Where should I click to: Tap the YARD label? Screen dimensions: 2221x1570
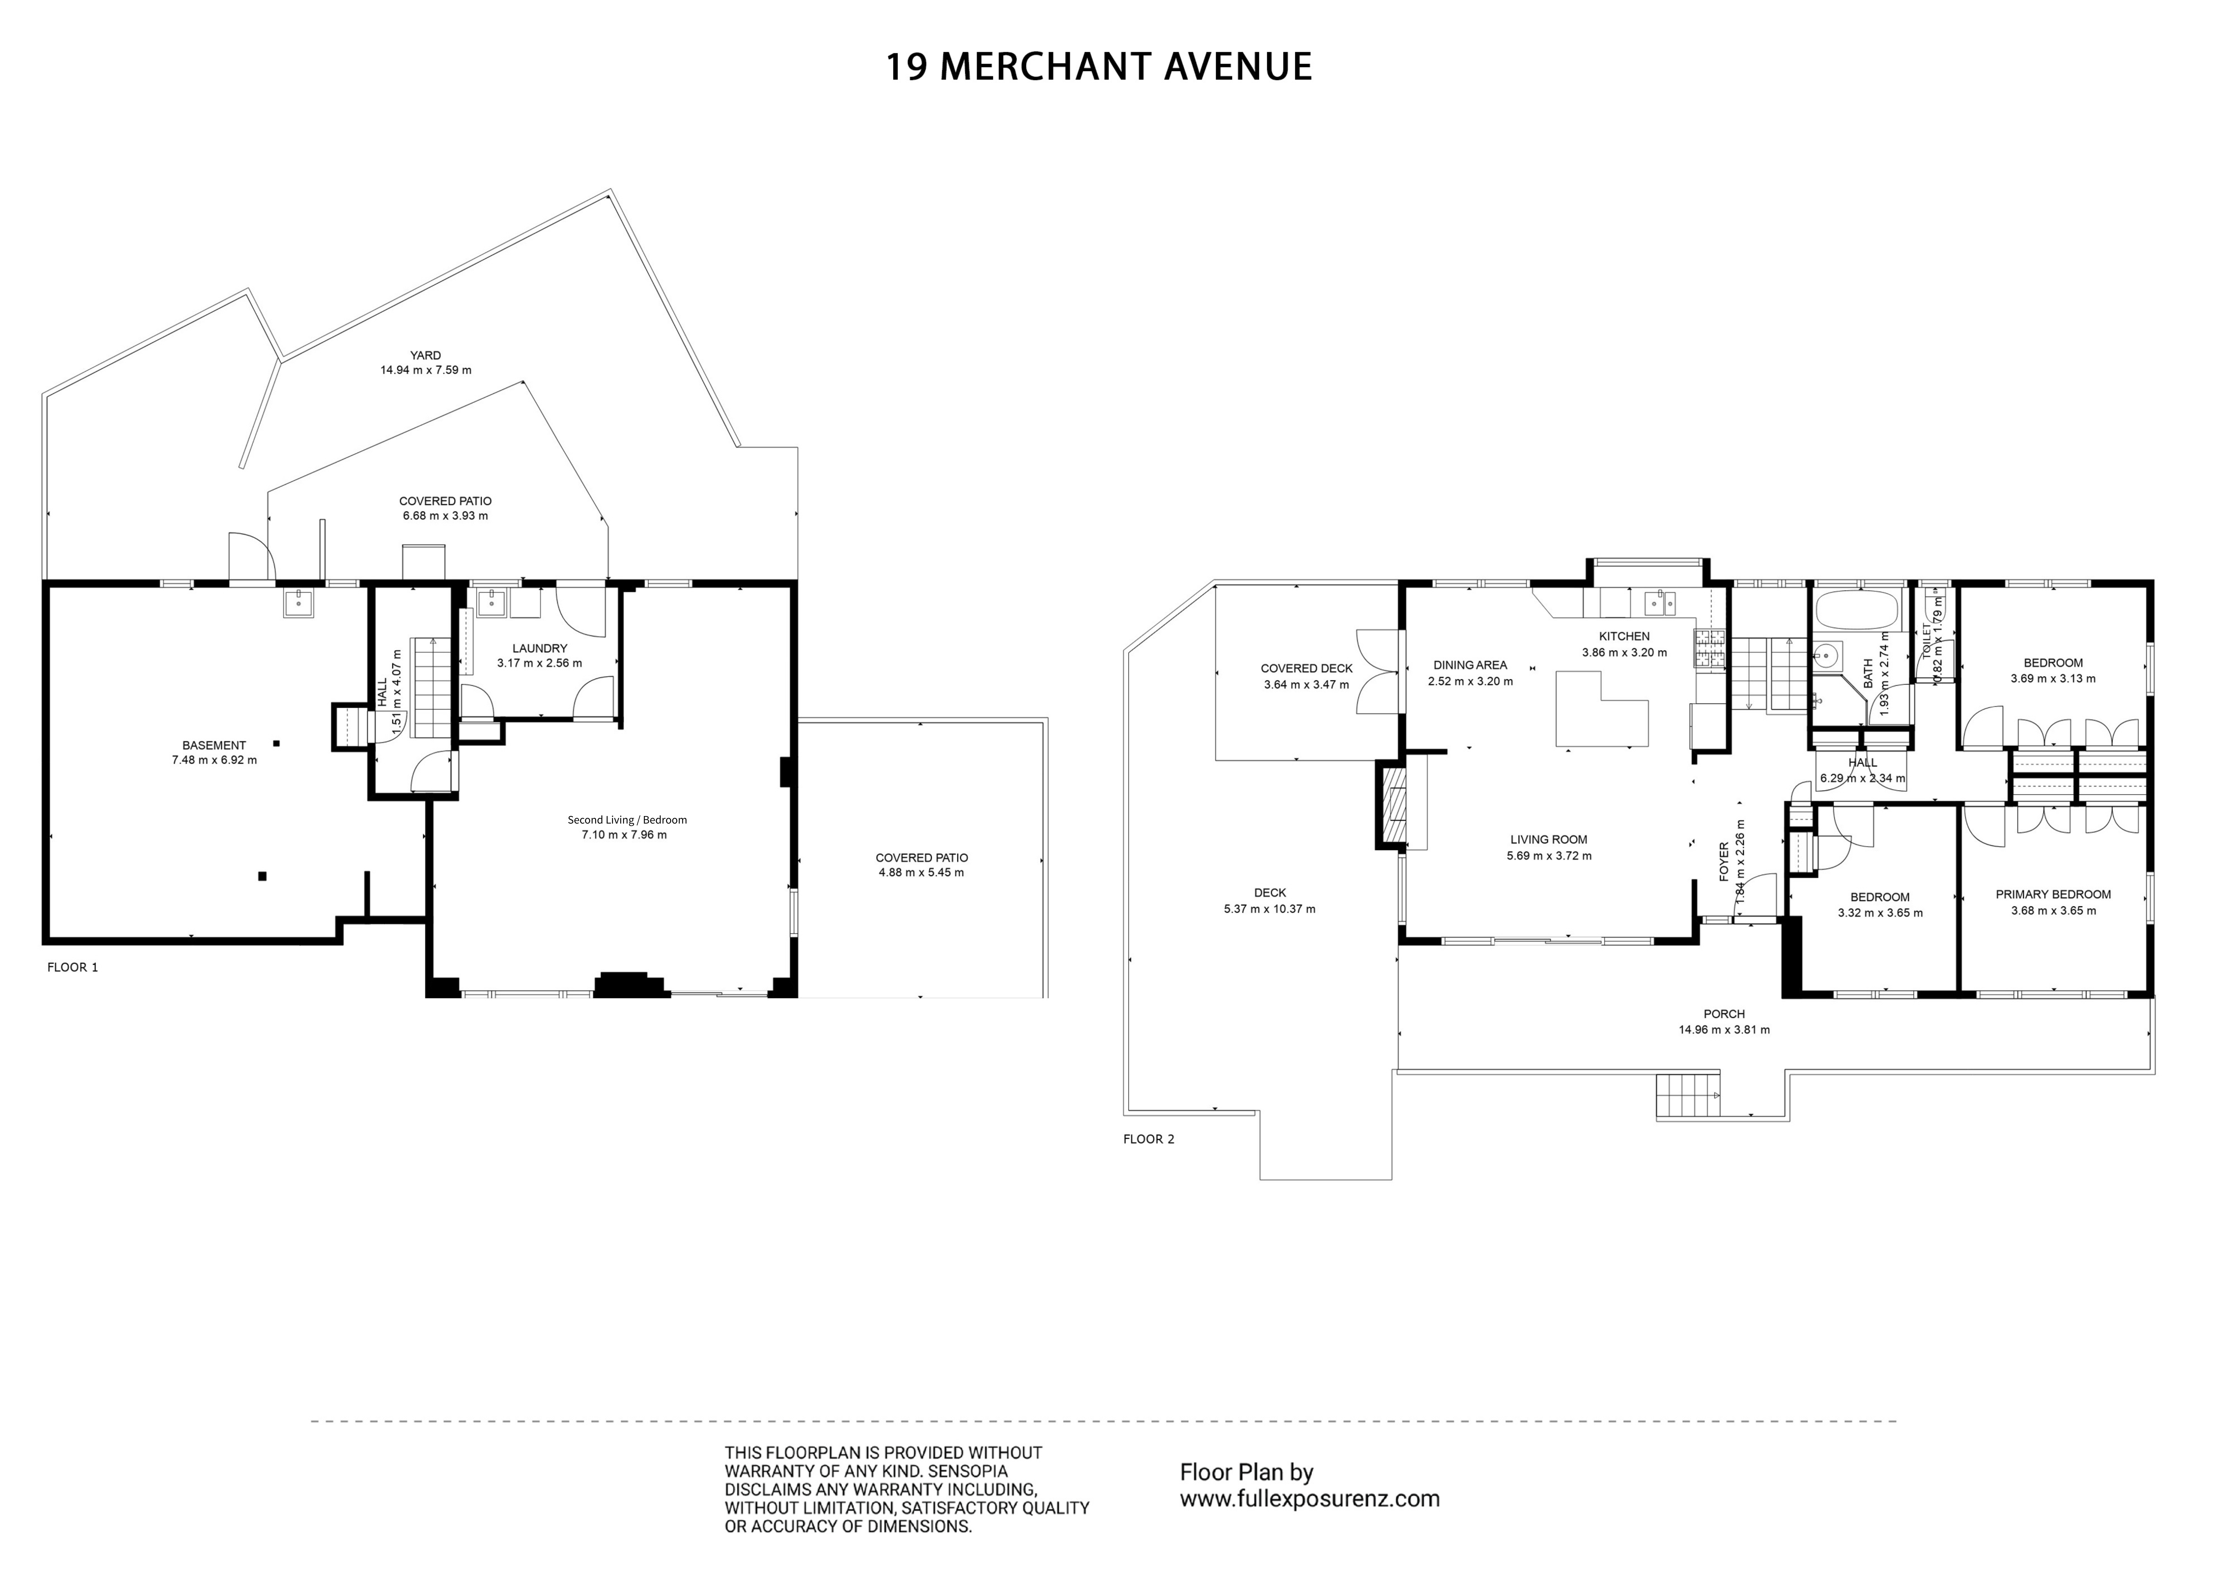pos(426,355)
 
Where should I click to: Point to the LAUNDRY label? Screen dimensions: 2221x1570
pos(540,648)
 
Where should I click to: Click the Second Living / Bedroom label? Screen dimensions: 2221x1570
pos(627,820)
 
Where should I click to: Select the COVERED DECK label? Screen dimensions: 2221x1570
pos(1307,668)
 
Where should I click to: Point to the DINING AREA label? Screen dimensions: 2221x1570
pos(1470,665)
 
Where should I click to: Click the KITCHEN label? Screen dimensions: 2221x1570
pos(1624,637)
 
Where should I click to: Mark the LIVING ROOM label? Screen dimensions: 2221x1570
pos(1549,840)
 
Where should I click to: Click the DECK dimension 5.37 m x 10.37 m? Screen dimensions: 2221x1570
pos(1269,909)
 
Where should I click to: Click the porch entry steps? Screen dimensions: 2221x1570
pos(1688,1096)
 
